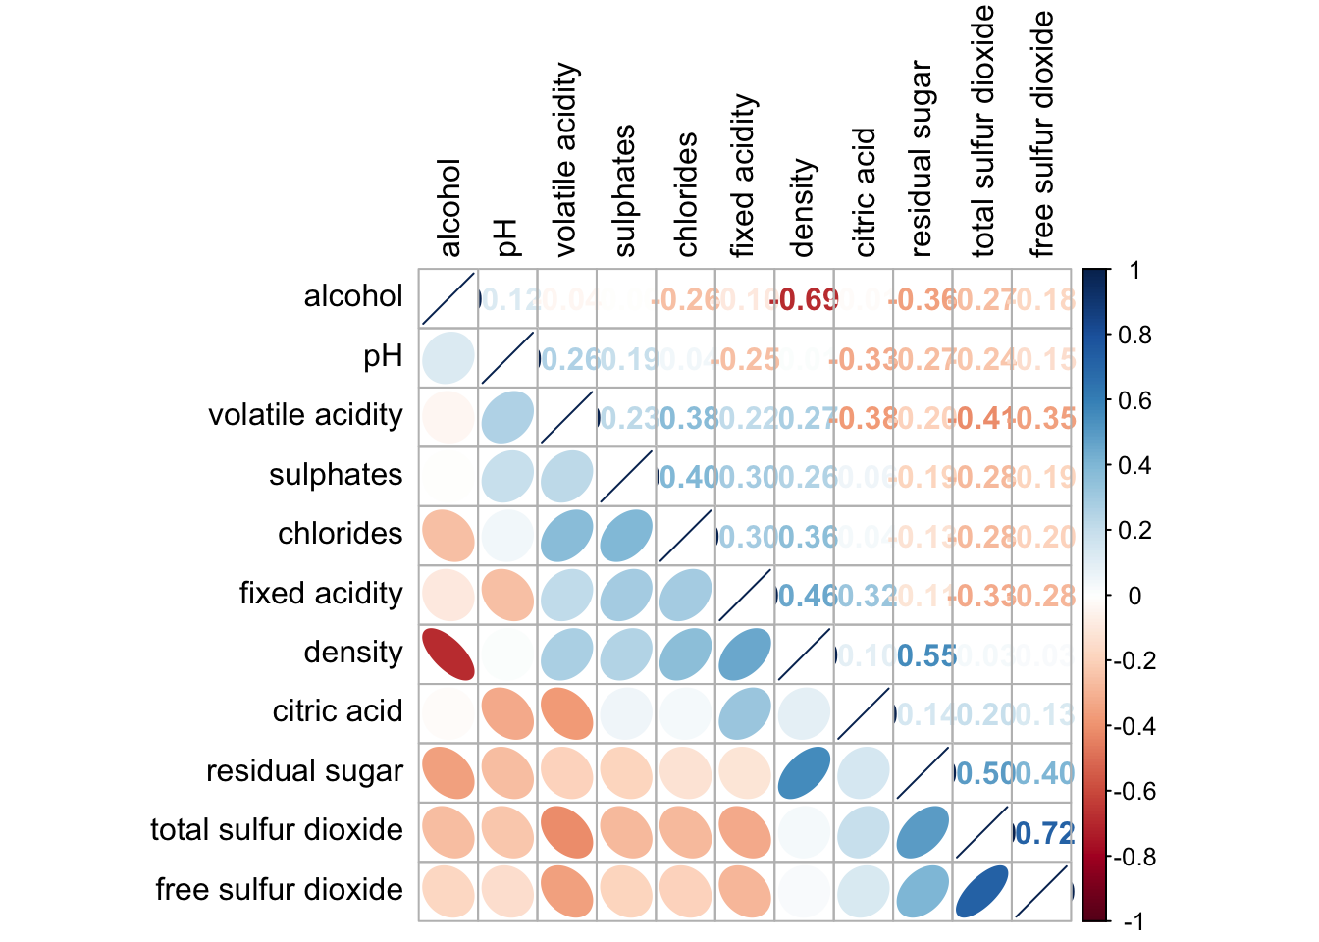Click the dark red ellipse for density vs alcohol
[448, 654]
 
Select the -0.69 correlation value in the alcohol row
[806, 299]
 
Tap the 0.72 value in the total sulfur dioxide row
[1044, 833]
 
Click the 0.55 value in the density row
[925, 655]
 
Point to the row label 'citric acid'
[338, 711]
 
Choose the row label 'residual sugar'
[304, 771]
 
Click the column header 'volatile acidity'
[566, 160]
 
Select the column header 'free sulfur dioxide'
[1041, 133]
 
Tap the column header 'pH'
[506, 237]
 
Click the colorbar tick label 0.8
[1135, 336]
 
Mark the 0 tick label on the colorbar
[1134, 597]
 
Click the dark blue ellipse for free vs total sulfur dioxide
[981, 891]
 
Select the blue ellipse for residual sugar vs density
[804, 772]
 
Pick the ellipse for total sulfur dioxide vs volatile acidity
[566, 831]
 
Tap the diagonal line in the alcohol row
[448, 298]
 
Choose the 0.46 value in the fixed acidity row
[807, 596]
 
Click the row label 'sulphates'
[336, 475]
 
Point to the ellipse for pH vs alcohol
[448, 357]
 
